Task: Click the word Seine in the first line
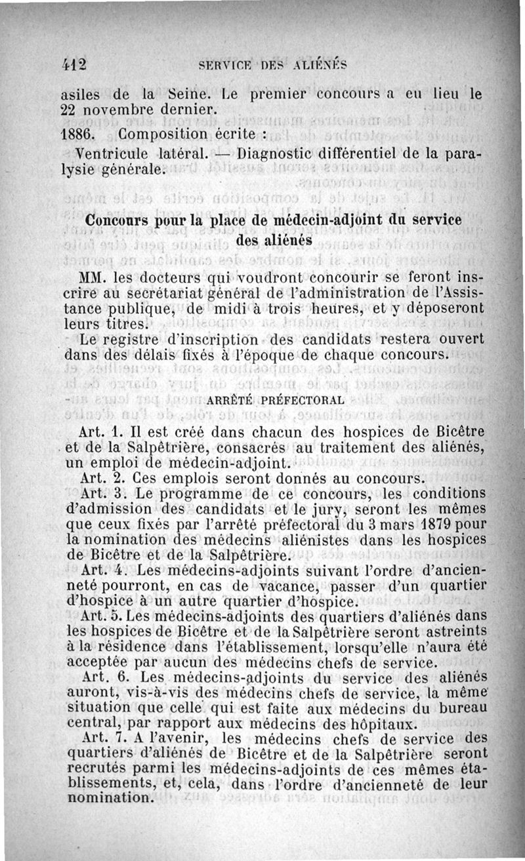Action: [x=190, y=93]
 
